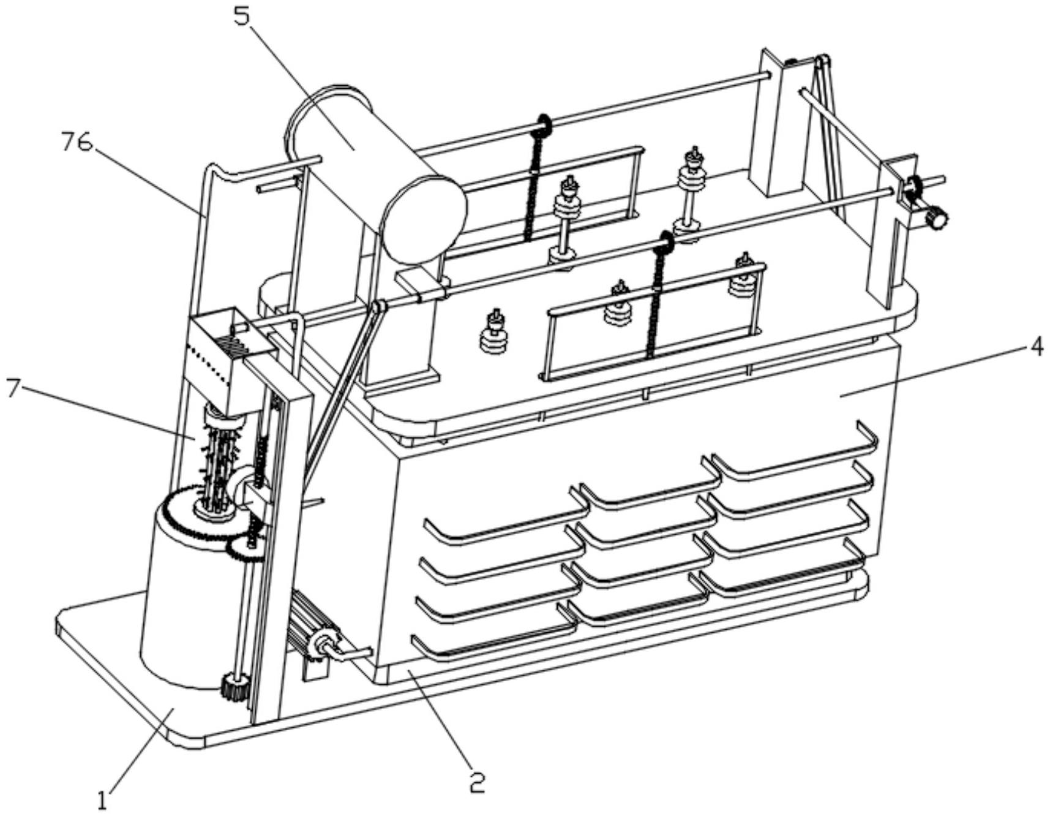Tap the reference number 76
[77, 142]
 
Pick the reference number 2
[477, 782]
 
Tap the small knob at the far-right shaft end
[936, 217]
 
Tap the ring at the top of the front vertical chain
[665, 243]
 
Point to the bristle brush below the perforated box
[219, 459]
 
